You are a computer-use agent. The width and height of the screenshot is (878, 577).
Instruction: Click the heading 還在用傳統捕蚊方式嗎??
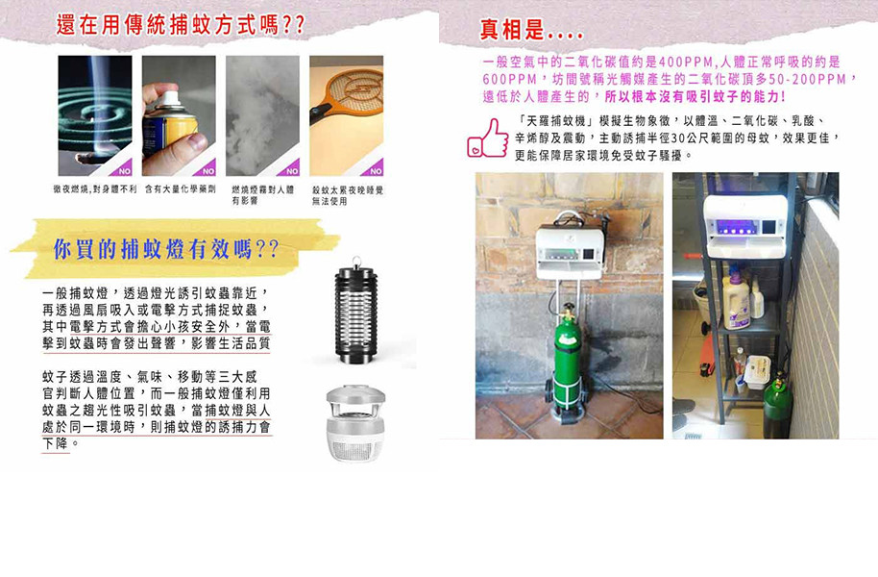(181, 25)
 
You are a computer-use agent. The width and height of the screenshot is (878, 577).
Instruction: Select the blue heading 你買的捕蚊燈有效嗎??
(166, 249)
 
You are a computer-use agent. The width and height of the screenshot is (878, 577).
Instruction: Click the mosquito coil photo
(95, 115)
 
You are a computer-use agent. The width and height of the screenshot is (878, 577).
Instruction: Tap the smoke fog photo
(262, 115)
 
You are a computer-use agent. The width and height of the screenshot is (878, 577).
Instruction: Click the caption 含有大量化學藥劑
(181, 189)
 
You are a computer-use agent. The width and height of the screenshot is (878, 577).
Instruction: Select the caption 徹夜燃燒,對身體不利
(95, 189)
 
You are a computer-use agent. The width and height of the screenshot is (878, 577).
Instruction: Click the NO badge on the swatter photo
(376, 170)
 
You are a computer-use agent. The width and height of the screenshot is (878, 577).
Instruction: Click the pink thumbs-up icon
(488, 138)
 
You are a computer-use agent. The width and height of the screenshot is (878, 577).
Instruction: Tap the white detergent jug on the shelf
(737, 303)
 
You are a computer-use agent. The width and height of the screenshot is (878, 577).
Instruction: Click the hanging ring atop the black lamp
(356, 262)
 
